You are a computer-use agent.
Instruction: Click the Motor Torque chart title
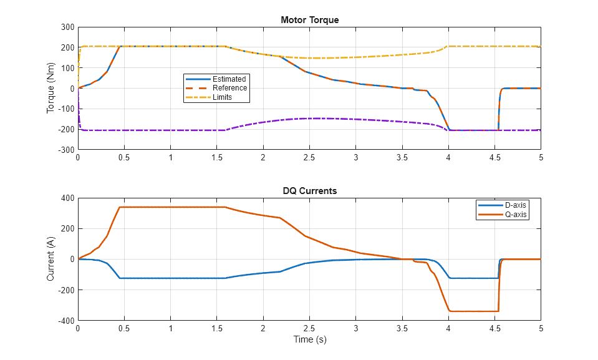309,20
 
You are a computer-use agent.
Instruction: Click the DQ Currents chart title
309,191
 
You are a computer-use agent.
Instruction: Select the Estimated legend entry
229,79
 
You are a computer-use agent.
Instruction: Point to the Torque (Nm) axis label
51,89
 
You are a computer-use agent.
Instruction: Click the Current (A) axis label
51,259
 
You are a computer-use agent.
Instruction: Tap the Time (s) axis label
309,340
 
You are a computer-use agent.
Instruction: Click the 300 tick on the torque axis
67,27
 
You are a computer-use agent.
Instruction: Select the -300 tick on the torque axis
65,150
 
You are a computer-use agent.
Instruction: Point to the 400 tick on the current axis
67,198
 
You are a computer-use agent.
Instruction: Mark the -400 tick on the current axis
65,321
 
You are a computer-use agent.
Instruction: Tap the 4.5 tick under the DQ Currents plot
494,328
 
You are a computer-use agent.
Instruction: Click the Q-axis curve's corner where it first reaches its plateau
120,207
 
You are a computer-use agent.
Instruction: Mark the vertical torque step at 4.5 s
498,109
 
